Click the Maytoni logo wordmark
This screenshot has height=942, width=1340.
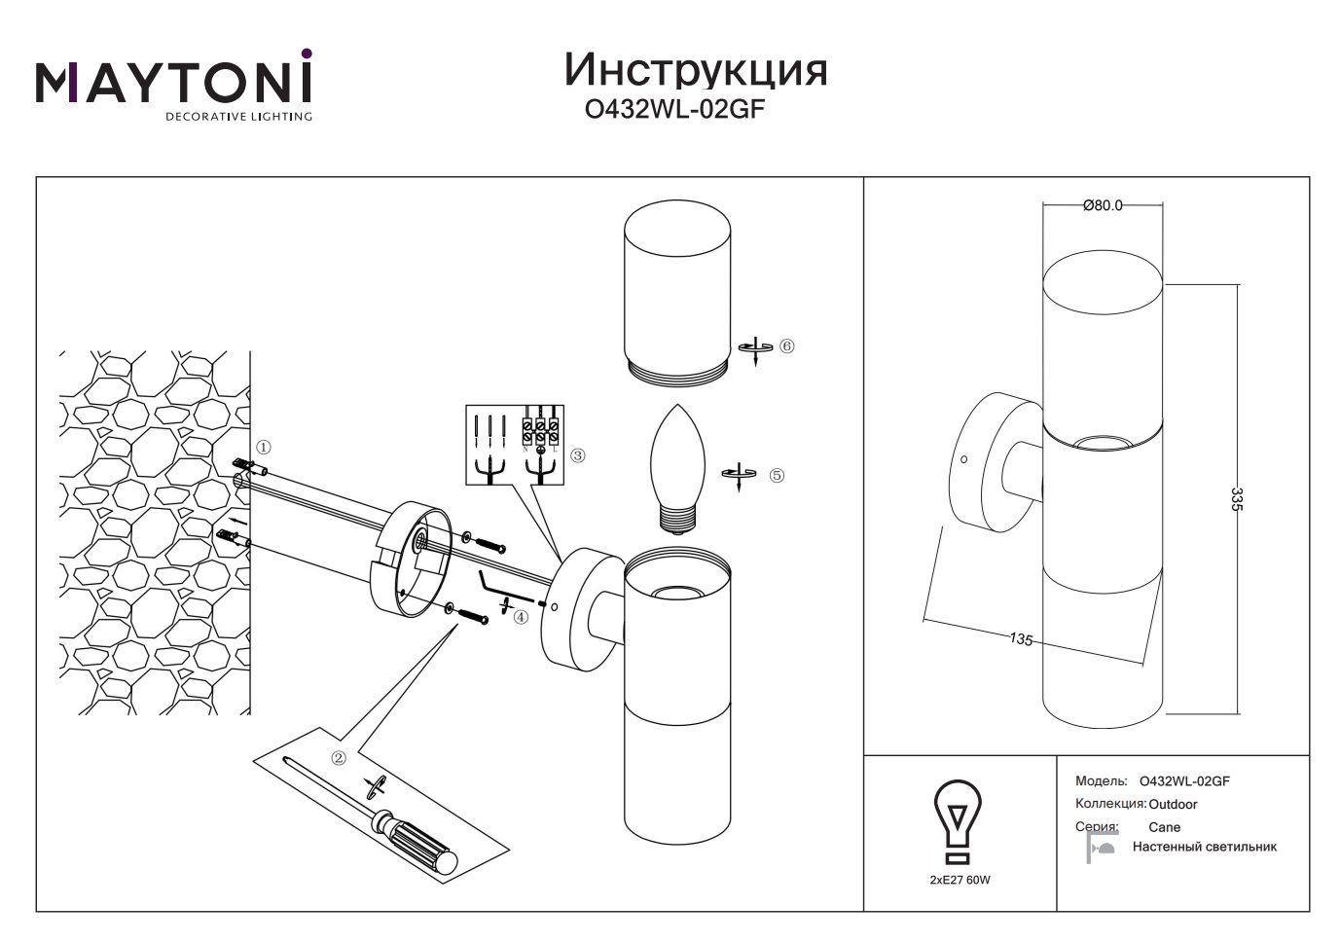point(174,84)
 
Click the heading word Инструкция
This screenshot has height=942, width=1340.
point(696,70)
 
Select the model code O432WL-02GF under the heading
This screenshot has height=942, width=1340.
point(673,110)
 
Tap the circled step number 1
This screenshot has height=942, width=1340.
point(264,448)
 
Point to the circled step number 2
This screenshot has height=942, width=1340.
point(339,758)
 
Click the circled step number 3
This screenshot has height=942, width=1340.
point(578,455)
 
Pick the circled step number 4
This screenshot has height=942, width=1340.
point(521,617)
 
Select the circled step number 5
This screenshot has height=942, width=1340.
point(777,476)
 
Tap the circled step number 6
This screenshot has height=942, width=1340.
point(787,346)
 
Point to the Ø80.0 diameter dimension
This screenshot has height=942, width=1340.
point(1103,205)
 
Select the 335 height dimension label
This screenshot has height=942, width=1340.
point(1237,499)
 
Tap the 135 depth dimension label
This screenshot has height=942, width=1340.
point(1021,639)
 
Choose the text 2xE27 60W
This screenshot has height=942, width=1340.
point(960,880)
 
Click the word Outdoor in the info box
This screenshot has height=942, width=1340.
point(1173,805)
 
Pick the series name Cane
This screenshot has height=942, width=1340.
point(1164,827)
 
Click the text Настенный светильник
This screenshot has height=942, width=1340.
point(1204,847)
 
